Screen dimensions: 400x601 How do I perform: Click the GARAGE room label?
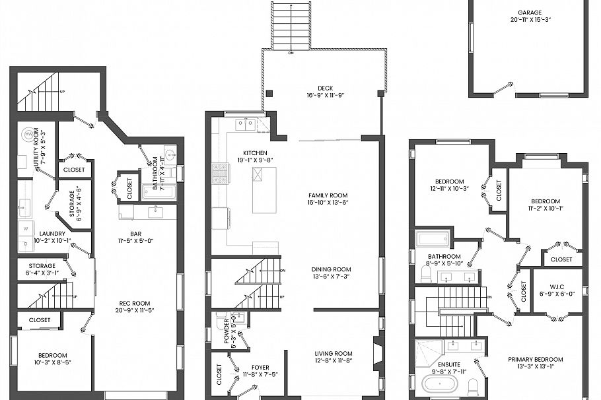click(529, 12)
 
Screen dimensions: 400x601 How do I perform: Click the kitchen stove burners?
click(220, 173)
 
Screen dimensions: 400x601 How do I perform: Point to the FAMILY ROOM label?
click(328, 195)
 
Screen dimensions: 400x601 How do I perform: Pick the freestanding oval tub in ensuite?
click(438, 384)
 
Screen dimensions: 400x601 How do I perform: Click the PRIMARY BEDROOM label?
click(536, 360)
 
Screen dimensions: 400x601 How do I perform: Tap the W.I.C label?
click(558, 286)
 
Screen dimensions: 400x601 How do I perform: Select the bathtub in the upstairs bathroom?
click(432, 238)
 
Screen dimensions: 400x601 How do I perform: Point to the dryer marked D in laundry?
click(26, 244)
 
